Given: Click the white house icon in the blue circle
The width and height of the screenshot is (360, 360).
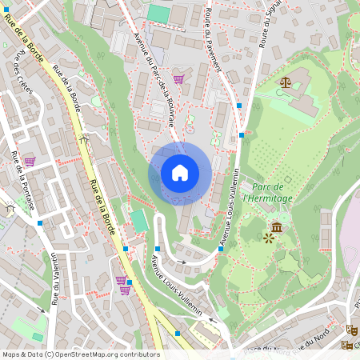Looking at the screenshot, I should pos(180,173).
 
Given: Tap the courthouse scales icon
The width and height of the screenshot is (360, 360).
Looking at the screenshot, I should pos(286,82).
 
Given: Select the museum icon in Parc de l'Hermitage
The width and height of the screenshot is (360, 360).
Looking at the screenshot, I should pos(277,227).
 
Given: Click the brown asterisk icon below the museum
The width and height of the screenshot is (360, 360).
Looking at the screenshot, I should pos(268,238).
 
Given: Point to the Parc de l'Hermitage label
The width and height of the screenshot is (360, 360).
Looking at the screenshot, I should pos(267,192).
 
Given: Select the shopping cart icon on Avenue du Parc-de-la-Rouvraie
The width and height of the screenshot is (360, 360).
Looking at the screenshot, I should pos(178,79).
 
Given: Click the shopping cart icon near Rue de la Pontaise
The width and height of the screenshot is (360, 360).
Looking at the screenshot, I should pos(30,161).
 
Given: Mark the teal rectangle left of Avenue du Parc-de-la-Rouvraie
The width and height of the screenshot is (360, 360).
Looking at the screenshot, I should pos(159,14).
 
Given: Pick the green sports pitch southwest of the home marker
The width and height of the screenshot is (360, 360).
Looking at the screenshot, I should pos(139,220).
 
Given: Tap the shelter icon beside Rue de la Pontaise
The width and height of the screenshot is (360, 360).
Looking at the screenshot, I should pos(10,208).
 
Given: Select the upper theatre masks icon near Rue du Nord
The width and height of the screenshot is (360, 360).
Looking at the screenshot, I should pos(350,329).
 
